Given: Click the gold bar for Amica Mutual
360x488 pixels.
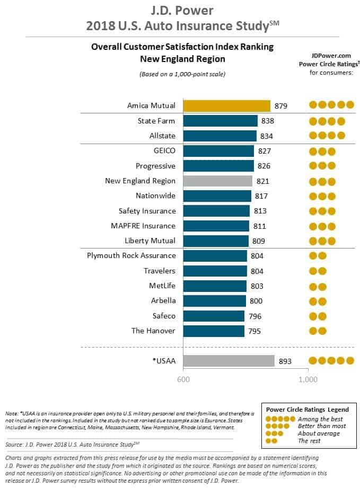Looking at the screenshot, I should click(226, 105).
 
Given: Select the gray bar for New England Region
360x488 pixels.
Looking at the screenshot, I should click(217, 181).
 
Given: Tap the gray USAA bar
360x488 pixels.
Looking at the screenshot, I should click(229, 361).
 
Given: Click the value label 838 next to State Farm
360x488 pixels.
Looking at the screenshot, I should click(267, 121).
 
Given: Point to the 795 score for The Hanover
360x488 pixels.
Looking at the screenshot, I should click(254, 331).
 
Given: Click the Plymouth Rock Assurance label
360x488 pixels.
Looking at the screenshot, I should click(131, 255).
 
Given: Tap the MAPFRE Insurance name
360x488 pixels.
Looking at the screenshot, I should click(143, 226).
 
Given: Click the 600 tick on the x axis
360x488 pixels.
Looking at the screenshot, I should click(183, 379).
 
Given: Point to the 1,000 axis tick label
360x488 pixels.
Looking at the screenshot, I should click(308, 379).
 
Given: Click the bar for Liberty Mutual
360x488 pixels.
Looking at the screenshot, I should click(216, 241).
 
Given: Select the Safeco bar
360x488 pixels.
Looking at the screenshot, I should click(214, 316).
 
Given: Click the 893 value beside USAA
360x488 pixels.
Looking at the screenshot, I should click(285, 361).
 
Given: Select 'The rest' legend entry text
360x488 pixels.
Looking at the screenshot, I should click(309, 440).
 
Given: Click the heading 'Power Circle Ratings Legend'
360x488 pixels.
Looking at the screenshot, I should click(307, 409).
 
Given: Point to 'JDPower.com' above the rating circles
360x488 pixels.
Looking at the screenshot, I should click(331, 55).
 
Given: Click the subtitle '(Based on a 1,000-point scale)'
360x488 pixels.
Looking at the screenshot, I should click(182, 74).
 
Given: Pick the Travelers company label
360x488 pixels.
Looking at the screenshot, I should click(160, 271).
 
